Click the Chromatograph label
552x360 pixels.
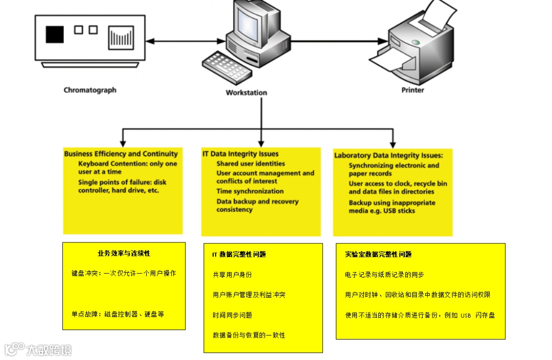tap(90, 90)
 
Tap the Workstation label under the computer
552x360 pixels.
tap(246, 93)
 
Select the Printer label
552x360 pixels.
tap(412, 90)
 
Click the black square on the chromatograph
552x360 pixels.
tap(55, 34)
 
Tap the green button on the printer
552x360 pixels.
tap(416, 42)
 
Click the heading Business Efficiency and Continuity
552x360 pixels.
tap(121, 153)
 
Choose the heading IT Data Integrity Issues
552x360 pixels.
tap(240, 154)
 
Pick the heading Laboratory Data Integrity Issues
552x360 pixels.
tap(388, 155)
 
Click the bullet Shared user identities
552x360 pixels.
tap(250, 164)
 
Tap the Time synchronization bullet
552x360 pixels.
tap(250, 191)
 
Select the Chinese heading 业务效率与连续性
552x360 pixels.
tap(124, 253)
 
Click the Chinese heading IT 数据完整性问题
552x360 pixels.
tap(239, 254)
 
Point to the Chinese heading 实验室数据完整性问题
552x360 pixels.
tap(378, 254)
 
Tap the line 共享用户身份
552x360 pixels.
tap(232, 275)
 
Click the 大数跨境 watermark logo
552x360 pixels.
tap(38, 349)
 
